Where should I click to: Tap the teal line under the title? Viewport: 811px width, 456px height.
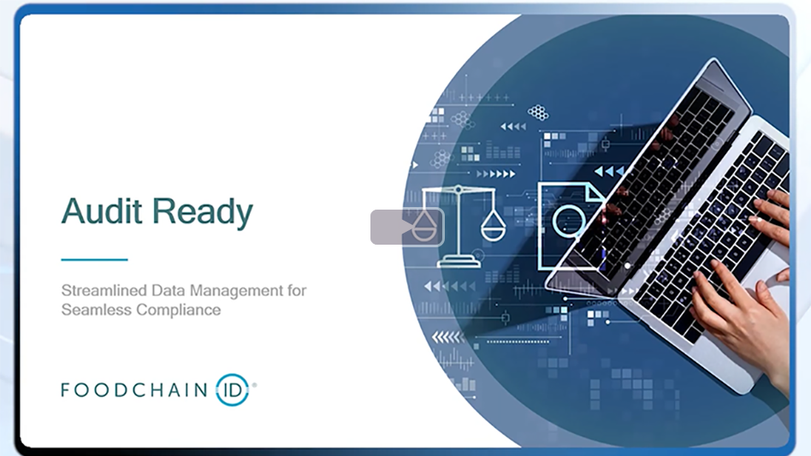tap(94, 259)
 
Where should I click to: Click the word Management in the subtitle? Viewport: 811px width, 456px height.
tap(235, 291)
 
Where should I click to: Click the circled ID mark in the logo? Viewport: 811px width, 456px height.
tap(233, 389)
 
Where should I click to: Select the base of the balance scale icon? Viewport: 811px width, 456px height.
tap(459, 262)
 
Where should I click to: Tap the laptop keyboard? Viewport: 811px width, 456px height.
tap(719, 231)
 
